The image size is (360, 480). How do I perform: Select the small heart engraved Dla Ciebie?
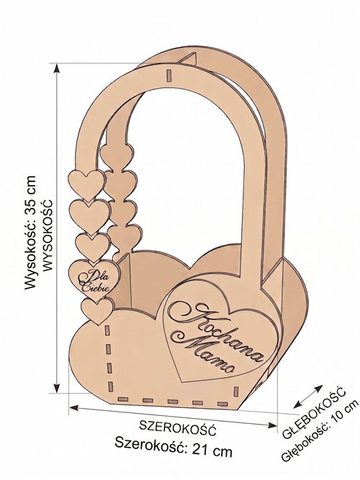94,279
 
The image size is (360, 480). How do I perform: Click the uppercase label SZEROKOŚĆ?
178,427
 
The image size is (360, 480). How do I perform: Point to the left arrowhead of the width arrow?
74,407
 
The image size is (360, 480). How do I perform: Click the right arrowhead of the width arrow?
272,425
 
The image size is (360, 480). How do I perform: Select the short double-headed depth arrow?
307,397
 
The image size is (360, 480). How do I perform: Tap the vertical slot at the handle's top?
168,76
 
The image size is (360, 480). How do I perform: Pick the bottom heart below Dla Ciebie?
97,311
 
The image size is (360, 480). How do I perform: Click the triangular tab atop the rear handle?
189,59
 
